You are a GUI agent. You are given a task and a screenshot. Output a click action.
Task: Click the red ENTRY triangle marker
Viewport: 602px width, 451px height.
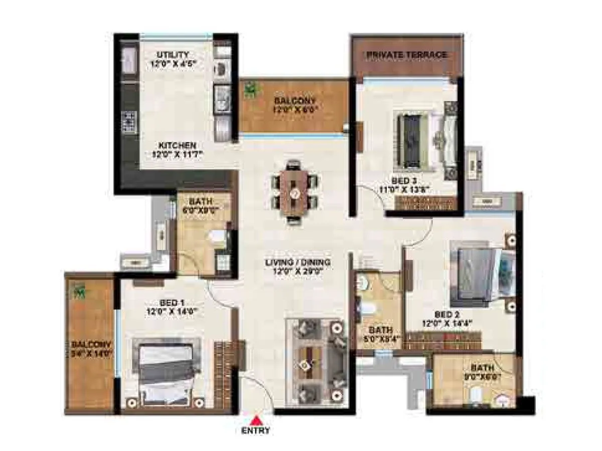[256, 420]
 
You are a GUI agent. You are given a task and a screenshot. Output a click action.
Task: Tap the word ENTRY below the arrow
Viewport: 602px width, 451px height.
[256, 430]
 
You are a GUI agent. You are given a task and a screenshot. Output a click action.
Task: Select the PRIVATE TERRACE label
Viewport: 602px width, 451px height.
[406, 54]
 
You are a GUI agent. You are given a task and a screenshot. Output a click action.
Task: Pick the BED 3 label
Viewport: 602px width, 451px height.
[405, 180]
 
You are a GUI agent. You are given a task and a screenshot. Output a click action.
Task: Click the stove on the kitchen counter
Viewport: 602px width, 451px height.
[128, 122]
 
